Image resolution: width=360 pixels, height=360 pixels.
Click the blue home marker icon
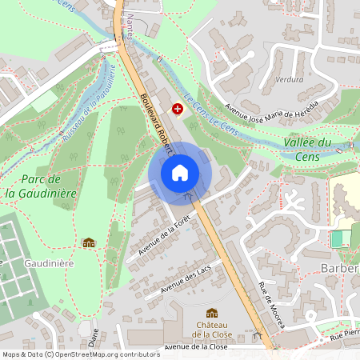click(180, 172)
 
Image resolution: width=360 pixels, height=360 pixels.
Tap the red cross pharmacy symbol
click(177, 106)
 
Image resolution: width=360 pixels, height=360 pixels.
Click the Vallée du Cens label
click(307, 149)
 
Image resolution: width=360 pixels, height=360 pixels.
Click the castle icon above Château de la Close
click(211, 313)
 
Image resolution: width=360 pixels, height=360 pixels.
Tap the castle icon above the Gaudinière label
click(89, 242)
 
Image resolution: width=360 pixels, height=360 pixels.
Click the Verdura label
click(289, 79)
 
